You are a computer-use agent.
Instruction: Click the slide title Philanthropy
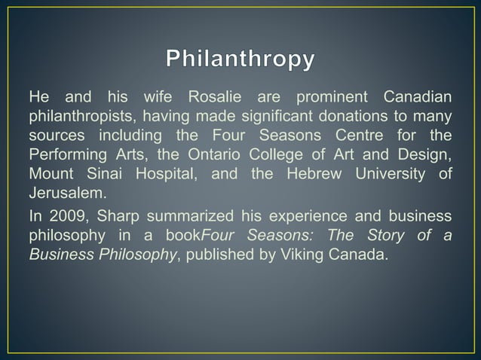(240, 59)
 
